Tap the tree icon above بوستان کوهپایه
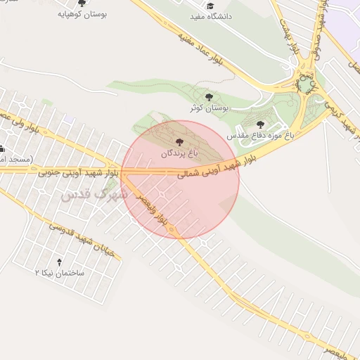[82, 4]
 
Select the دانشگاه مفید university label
[211, 15]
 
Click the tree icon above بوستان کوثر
[208, 97]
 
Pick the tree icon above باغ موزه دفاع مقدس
[260, 124]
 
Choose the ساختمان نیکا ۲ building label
[59, 271]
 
